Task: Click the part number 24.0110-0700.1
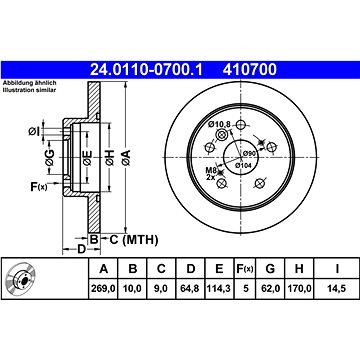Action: click(x=146, y=70)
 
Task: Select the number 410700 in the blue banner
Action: click(x=250, y=70)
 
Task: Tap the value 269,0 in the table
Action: click(x=103, y=288)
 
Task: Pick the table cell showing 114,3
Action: click(x=219, y=288)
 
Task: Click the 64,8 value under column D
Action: click(x=190, y=288)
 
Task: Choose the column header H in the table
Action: click(x=299, y=268)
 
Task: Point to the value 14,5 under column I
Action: click(x=337, y=288)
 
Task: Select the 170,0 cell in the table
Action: click(x=299, y=288)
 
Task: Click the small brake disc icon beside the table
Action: click(x=21, y=278)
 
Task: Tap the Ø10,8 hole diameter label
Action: click(x=220, y=124)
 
